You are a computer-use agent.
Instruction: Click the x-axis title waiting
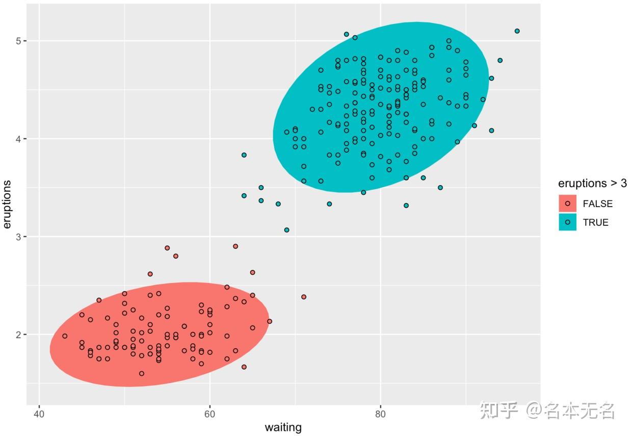[283, 427]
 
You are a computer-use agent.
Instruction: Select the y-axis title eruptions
[7, 204]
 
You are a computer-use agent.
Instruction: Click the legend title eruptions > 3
[592, 184]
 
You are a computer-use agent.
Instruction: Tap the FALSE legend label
[597, 203]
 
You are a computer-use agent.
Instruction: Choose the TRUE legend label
[595, 222]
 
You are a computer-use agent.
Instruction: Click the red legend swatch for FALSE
[567, 203]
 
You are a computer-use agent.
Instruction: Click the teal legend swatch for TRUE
[567, 222]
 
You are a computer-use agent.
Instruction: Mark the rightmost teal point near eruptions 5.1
[517, 31]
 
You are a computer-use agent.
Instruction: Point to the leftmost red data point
[65, 336]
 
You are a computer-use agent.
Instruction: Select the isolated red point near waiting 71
[304, 297]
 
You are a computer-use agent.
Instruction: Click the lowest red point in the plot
[142, 373]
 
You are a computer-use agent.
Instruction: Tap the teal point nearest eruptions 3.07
[286, 230]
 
